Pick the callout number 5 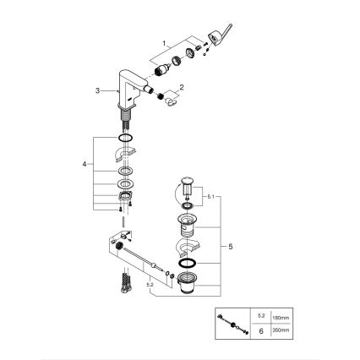tap(226, 244)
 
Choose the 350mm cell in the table tap(278, 330)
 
